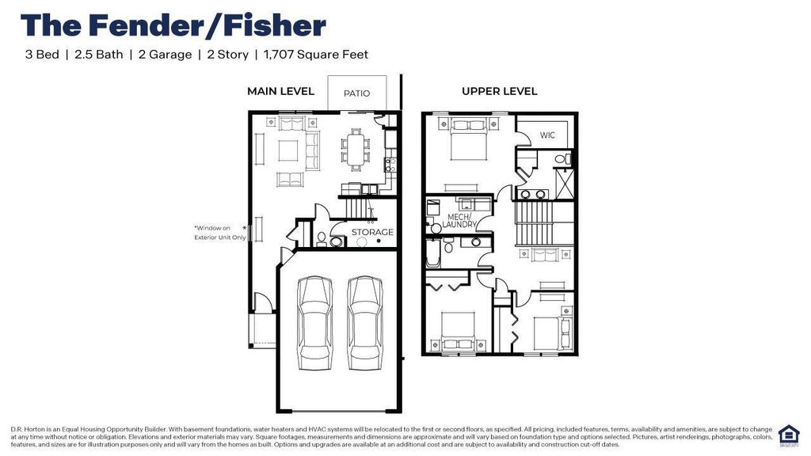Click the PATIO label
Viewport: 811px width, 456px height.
click(x=356, y=93)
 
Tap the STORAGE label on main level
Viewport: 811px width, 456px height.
click(x=372, y=233)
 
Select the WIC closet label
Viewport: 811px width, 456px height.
click(x=548, y=135)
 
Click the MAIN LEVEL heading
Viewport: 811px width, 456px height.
click(x=280, y=91)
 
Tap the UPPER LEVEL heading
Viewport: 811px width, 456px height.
click(x=499, y=91)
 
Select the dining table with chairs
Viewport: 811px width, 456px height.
click(x=355, y=149)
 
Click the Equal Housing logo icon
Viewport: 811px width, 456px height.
click(x=788, y=435)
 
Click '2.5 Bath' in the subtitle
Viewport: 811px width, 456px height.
click(x=98, y=55)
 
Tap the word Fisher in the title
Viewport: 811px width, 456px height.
click(x=274, y=25)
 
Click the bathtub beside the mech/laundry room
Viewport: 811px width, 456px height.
click(x=434, y=252)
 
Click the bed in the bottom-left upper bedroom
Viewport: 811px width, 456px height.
click(x=456, y=330)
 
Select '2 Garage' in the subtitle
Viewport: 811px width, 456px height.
click(x=165, y=55)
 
